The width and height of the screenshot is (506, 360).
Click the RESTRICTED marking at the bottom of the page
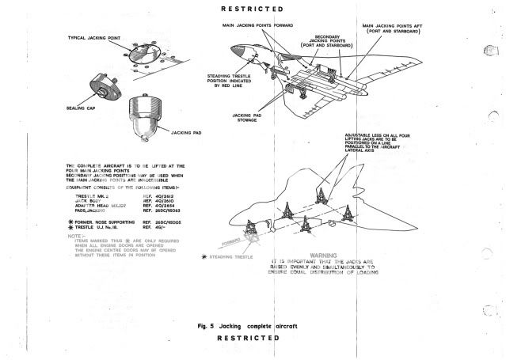(250, 339)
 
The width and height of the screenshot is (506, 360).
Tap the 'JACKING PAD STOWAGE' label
(247, 119)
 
